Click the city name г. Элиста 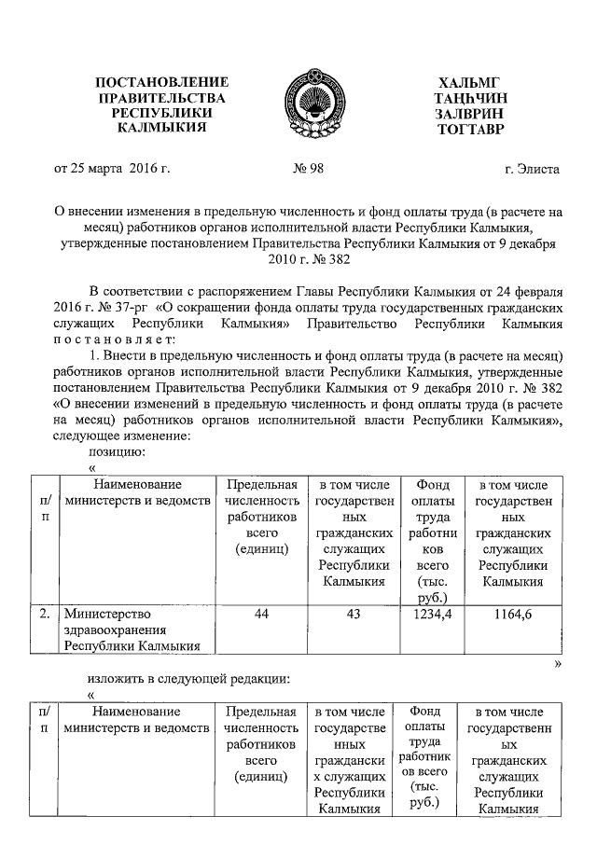[x=532, y=170]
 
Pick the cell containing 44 [x=262, y=615]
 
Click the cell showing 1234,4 [x=430, y=615]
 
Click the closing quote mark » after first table [x=558, y=663]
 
